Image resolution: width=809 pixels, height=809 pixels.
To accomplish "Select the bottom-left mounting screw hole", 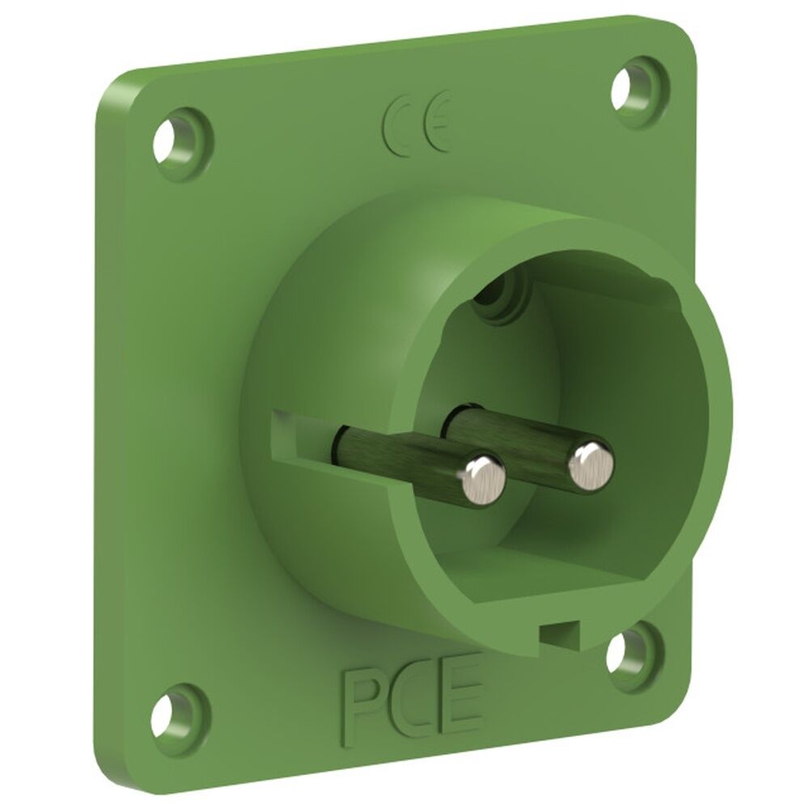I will tap(167, 716).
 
